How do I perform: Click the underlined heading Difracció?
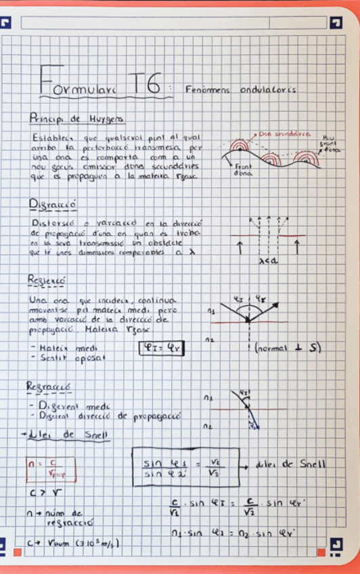pyautogui.click(x=53, y=204)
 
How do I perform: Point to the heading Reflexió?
pyautogui.click(x=47, y=280)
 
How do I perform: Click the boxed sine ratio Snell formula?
pyautogui.click(x=185, y=467)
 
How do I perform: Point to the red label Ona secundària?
pyautogui.click(x=285, y=134)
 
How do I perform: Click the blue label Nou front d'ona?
pyautogui.click(x=330, y=143)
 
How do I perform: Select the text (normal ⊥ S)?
pyautogui.click(x=287, y=348)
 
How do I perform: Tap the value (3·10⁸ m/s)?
pyautogui.click(x=94, y=543)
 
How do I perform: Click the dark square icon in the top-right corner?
pyautogui.click(x=336, y=23)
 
